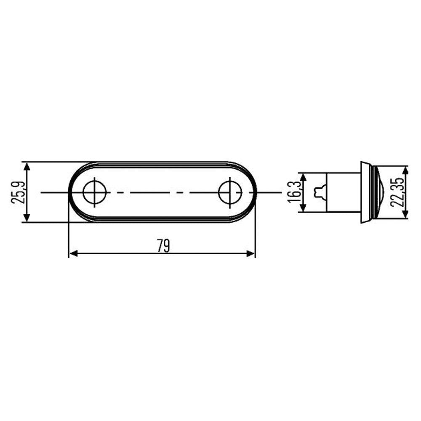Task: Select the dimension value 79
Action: click(163, 245)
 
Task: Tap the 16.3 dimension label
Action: click(294, 192)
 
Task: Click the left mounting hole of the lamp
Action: click(94, 192)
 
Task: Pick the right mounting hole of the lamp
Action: click(230, 192)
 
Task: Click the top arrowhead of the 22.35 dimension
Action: click(405, 170)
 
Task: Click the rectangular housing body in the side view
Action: click(344, 192)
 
